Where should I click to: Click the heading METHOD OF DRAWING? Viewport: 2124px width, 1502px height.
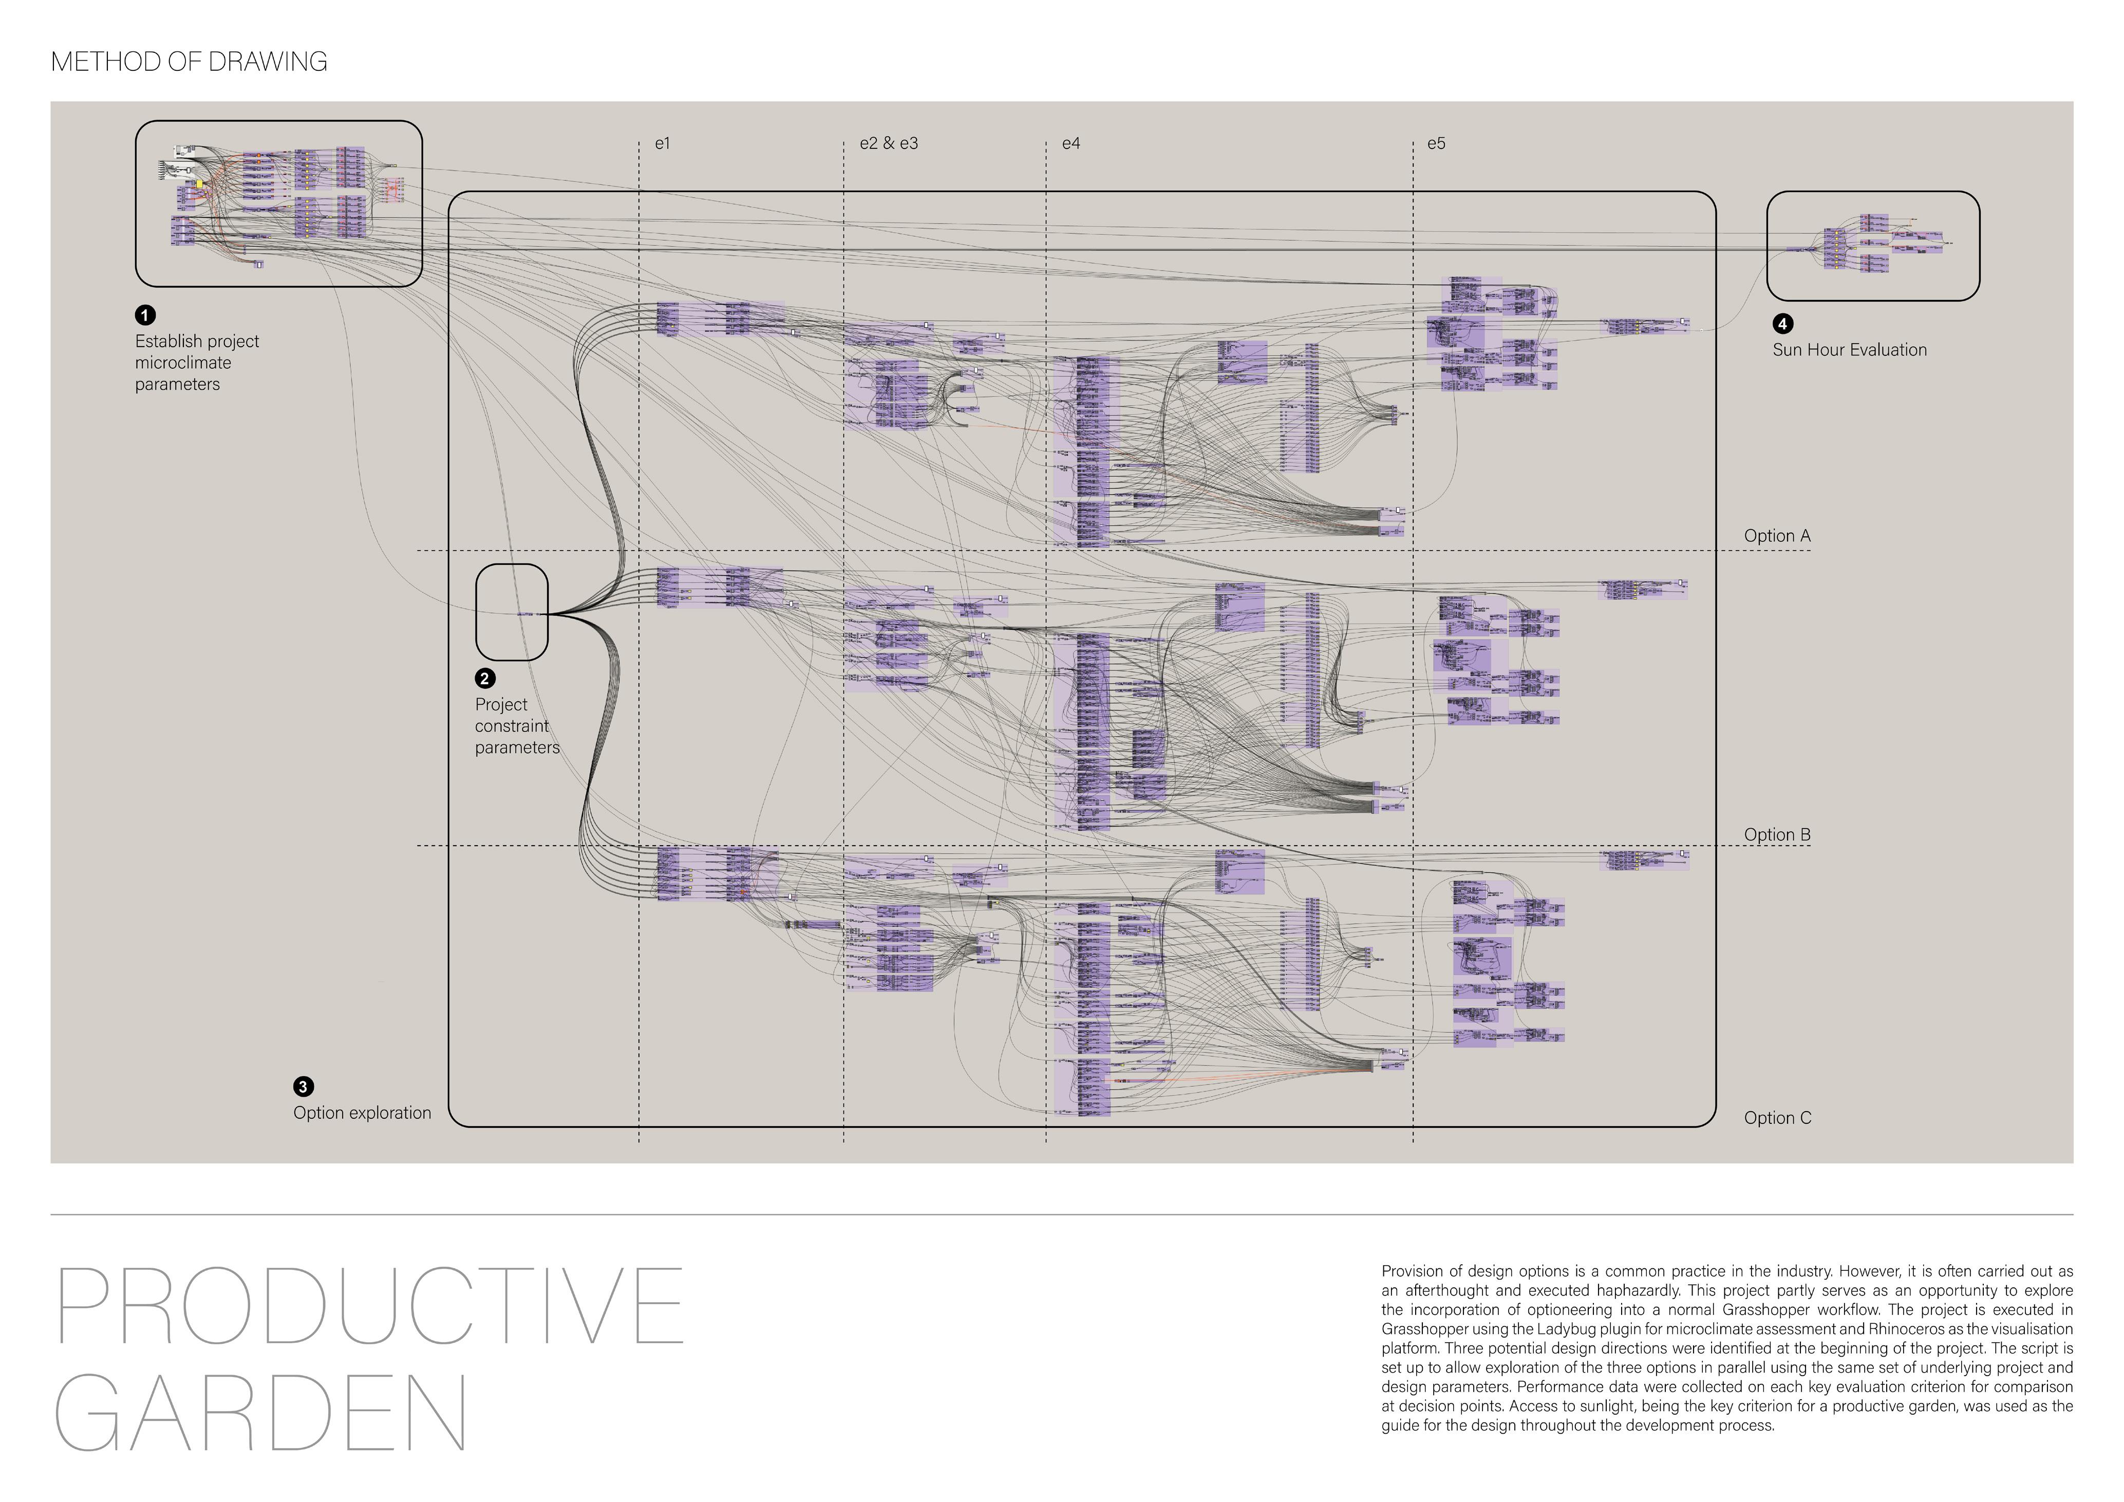point(189,62)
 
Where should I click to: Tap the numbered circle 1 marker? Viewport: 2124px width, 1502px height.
point(145,315)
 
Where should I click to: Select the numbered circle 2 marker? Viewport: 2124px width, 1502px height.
point(485,679)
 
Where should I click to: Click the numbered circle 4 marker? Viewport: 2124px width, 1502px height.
point(1782,324)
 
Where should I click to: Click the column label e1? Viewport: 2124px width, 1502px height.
point(662,143)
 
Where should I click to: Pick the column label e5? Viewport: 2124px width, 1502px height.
point(1436,143)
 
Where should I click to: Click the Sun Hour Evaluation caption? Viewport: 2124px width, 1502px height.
point(1849,350)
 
